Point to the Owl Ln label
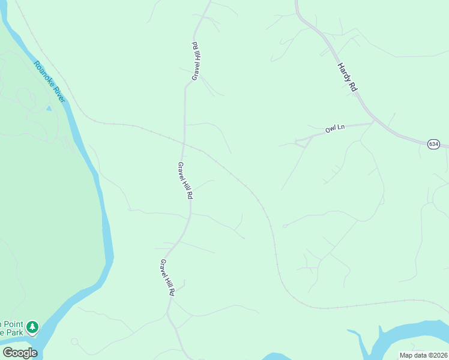336,128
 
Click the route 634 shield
433,144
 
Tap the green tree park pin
32,327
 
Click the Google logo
19,353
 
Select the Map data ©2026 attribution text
423,355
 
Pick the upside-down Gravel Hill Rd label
195,61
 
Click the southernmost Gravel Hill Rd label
167,278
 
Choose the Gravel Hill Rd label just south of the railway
185,181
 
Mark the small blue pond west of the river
49,109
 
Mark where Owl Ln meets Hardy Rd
374,122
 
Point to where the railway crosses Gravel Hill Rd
184,143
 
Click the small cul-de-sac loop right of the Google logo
74,341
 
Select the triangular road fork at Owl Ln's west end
299,142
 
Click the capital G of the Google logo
8,353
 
